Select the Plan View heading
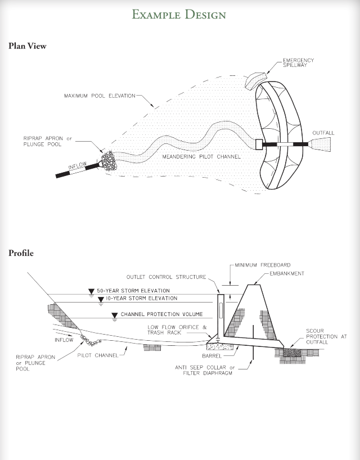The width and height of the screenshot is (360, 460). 28,46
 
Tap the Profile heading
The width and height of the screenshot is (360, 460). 21,253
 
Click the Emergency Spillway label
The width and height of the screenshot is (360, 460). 298,62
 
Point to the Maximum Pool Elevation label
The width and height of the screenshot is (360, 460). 100,96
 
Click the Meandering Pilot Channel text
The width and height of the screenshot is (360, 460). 201,157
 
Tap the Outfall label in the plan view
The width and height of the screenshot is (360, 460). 323,133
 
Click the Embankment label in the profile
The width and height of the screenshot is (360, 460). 286,274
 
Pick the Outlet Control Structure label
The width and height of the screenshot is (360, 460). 166,277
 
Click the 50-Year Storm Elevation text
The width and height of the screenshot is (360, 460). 133,291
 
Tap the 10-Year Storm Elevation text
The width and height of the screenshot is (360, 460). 141,299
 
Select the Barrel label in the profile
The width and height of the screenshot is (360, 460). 212,356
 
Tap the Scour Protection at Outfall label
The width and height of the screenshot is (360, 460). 326,337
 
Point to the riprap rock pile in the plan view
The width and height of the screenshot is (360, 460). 107,160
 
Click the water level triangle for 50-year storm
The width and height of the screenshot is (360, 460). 91,291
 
